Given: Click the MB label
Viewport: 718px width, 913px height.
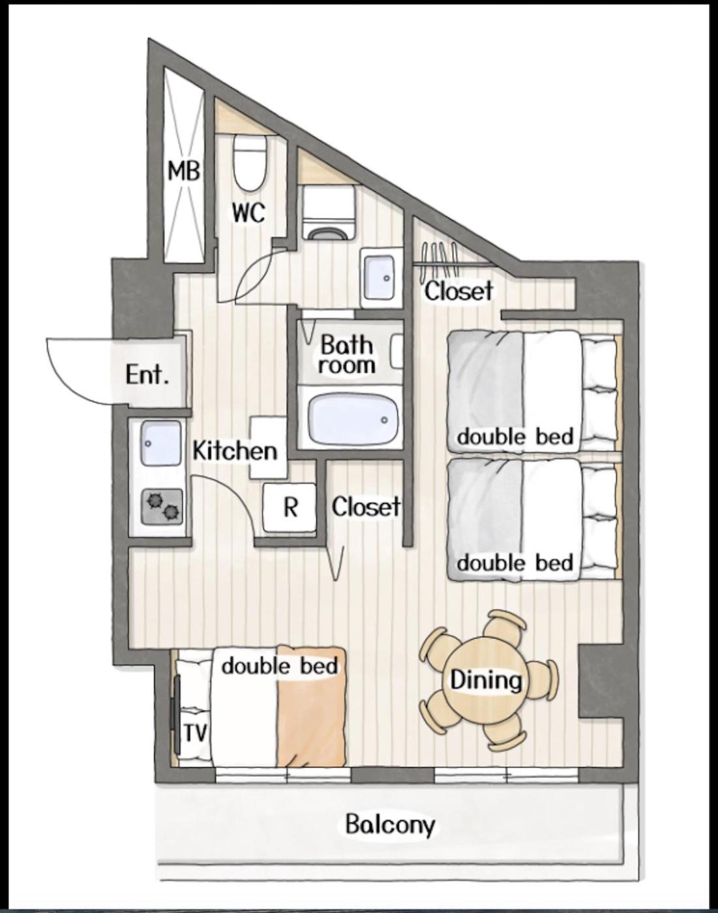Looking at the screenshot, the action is coord(183,172).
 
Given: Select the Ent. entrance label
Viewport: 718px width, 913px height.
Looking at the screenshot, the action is coord(147,375).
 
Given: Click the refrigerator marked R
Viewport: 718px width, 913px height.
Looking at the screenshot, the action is coord(290,507).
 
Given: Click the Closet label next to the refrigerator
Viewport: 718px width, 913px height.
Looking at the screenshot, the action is coord(366,507).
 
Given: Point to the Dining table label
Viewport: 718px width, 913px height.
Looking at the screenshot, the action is coord(486,680).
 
